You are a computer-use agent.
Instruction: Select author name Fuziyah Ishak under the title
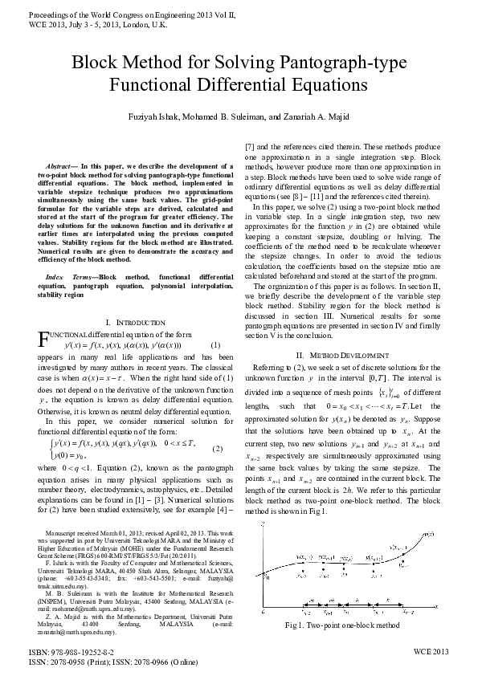tap(157, 117)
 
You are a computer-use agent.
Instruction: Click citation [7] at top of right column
tap(248, 147)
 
